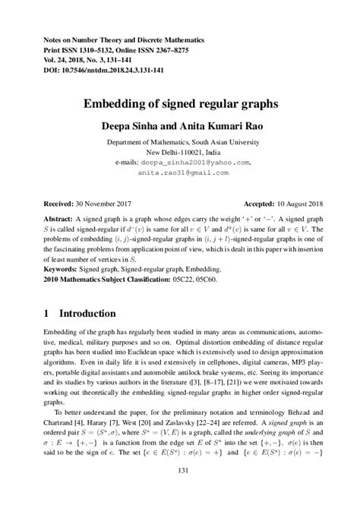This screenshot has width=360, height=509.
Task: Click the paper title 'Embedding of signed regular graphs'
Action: (x=180, y=103)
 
